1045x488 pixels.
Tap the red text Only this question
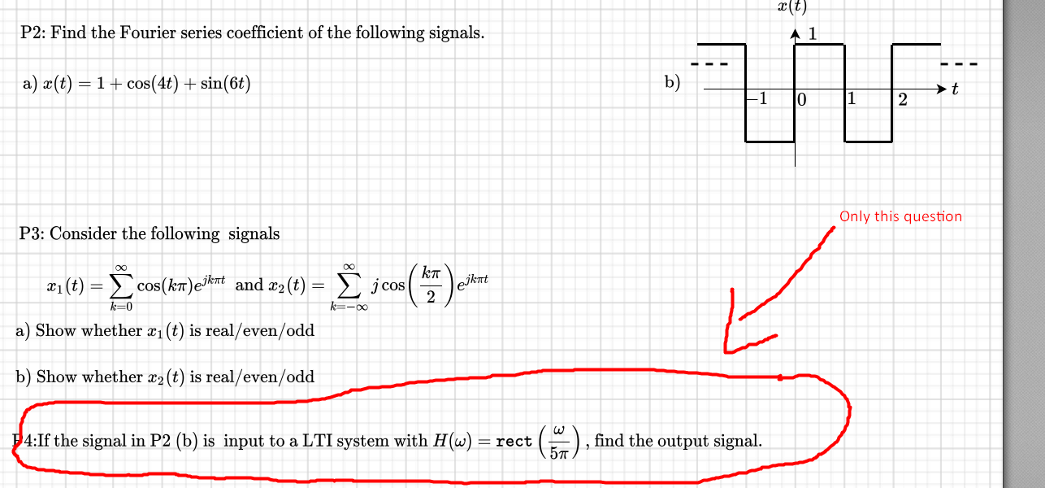click(900, 216)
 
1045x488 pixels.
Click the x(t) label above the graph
click(791, 5)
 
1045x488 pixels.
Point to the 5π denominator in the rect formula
click(557, 452)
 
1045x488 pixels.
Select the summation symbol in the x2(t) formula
click(350, 285)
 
